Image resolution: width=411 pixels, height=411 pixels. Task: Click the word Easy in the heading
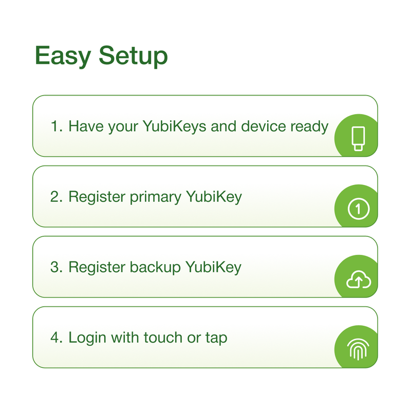[63, 56]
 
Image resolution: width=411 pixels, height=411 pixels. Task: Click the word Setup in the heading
[133, 56]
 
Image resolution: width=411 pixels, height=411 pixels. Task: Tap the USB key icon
[358, 139]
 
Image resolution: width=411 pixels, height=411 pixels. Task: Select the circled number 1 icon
[358, 209]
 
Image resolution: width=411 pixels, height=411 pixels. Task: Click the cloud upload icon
[358, 279]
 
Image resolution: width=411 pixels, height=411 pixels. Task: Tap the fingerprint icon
[358, 350]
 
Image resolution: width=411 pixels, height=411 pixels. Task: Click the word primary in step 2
[156, 197]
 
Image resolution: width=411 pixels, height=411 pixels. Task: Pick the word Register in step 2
[97, 197]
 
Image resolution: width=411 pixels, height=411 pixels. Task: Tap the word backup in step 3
[155, 267]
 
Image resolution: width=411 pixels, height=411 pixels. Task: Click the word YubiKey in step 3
[213, 267]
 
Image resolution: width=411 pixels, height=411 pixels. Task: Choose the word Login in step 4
[87, 338]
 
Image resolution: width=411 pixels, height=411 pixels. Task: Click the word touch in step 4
[163, 338]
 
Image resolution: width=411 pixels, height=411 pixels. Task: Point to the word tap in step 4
[216, 339]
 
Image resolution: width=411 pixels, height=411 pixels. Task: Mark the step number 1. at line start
[57, 126]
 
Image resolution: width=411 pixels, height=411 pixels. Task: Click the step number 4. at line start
[57, 338]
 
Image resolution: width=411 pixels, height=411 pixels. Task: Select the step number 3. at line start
[57, 267]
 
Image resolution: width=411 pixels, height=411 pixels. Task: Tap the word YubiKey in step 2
[214, 197]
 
